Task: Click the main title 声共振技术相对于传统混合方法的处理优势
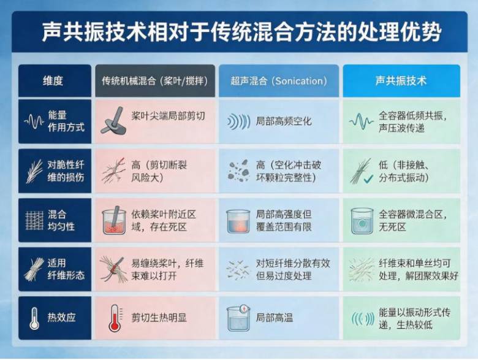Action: pos(241,31)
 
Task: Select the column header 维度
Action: pos(53,81)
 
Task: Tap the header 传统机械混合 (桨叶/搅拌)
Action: pos(155,81)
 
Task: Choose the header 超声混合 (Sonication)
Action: pos(279,81)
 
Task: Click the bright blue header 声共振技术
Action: pos(401,81)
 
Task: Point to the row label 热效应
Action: pos(61,318)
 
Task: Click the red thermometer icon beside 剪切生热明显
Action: pos(115,318)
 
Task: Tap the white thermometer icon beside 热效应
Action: pos(34,318)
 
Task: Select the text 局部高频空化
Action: pos(284,121)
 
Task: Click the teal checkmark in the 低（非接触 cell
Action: pos(368,179)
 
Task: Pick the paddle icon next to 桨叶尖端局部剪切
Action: pos(113,121)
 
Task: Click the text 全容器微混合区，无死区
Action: pos(413,221)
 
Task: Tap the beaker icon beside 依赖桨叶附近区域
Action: pos(114,220)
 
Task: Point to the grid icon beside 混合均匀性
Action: pos(34,220)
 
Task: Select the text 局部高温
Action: pos(275,318)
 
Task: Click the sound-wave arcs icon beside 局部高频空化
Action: pos(239,121)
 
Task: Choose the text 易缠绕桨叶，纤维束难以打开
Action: pos(167,270)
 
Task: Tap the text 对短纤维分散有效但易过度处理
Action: pos(293,270)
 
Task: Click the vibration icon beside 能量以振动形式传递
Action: pos(362,319)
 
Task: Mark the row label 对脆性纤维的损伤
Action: pos(66,171)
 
